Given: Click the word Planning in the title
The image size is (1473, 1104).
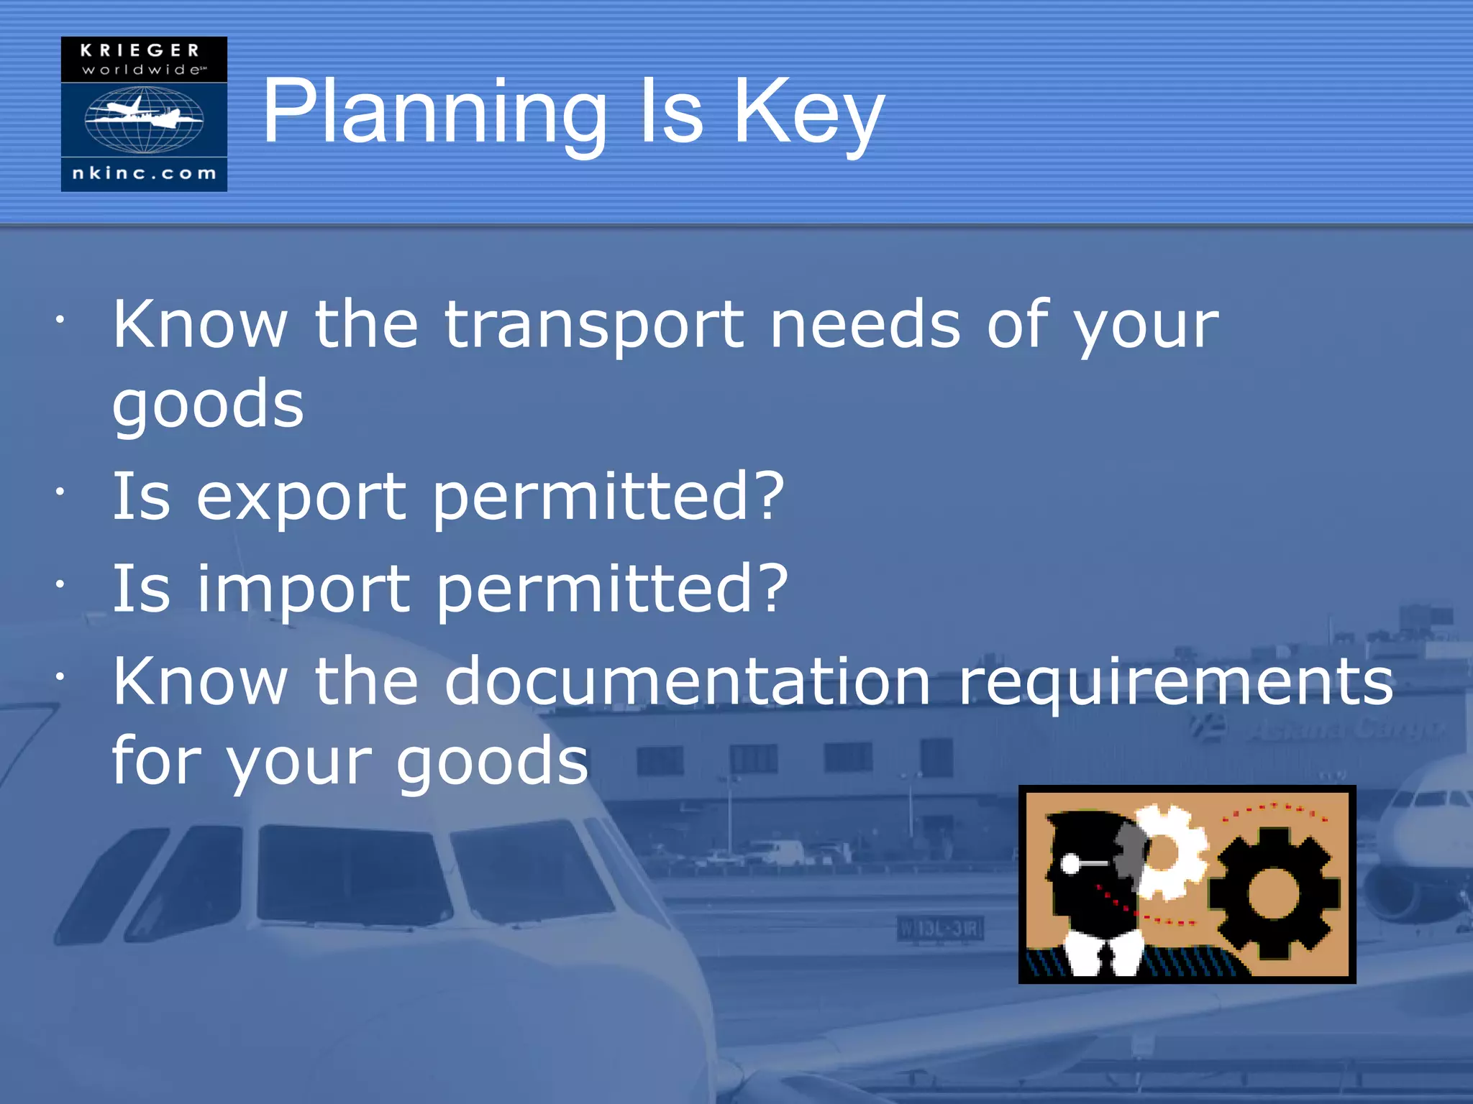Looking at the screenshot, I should coord(434,114).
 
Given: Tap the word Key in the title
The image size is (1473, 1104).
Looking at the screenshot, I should coord(808,114).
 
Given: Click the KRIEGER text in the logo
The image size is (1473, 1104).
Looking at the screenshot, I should coord(140,50).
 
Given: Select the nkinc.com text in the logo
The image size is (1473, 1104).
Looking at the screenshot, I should coord(144,173).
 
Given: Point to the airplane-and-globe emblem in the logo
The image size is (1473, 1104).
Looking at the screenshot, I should coord(144,119).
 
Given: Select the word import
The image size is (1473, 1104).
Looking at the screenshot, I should coord(304,589).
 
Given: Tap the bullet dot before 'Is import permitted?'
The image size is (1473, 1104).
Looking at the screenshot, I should coord(61,584).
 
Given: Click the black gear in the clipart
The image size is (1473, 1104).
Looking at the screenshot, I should coord(1273,893).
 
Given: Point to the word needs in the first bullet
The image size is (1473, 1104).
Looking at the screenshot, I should coord(865,326).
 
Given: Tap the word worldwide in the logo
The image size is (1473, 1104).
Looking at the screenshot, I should coord(142,70).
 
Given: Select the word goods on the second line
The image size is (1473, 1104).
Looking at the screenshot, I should coord(209,405).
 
